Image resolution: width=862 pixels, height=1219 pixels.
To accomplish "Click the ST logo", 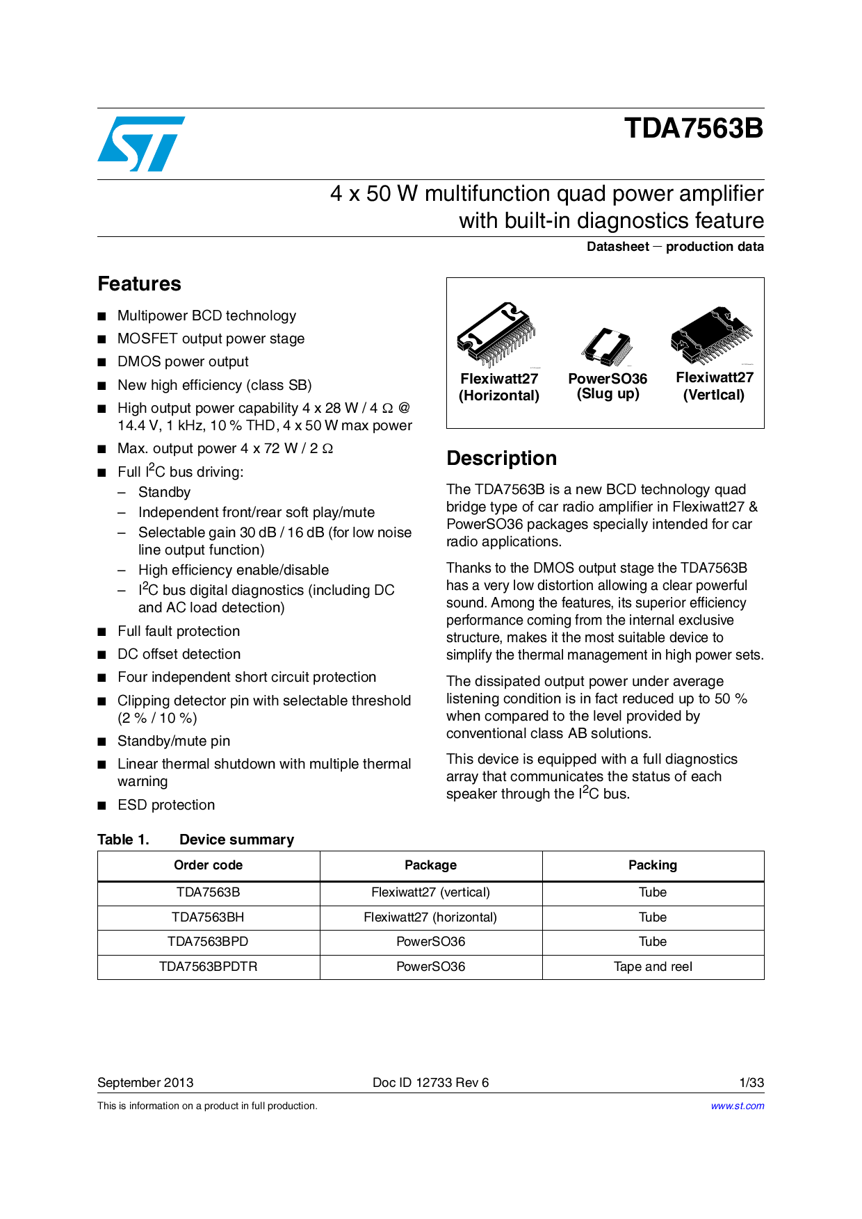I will click(x=141, y=144).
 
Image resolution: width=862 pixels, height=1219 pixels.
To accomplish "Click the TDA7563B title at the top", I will click(x=693, y=129).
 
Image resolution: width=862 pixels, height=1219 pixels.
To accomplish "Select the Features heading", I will click(x=139, y=284).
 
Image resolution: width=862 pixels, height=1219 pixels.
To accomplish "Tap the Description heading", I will click(x=501, y=458).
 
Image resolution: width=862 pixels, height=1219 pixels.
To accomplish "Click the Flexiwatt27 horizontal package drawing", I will click(x=496, y=334).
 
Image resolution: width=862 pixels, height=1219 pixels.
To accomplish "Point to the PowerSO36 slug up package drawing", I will click(x=607, y=346).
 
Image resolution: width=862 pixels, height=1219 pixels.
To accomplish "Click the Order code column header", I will click(x=208, y=865).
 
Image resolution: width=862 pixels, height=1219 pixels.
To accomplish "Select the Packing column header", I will click(x=652, y=865).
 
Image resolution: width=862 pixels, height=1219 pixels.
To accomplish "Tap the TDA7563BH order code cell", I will click(x=208, y=917).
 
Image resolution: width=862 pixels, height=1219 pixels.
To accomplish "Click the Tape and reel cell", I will click(x=652, y=967).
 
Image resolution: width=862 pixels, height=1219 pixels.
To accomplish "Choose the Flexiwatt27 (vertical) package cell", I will click(x=430, y=892).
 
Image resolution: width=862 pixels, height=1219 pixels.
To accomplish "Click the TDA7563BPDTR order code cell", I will click(x=208, y=967).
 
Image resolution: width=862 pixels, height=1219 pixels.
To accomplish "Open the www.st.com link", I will click(x=737, y=1106).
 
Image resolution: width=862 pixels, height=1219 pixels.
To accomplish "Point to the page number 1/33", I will click(x=751, y=1083).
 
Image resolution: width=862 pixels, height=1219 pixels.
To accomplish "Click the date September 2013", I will click(x=145, y=1083).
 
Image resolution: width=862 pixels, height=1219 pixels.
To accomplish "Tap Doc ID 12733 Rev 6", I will click(x=430, y=1083).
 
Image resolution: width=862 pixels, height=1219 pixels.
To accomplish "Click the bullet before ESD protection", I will click(x=102, y=805).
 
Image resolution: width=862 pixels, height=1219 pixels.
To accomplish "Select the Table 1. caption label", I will click(x=123, y=840).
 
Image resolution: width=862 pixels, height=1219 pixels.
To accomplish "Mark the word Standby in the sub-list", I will click(x=164, y=492).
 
